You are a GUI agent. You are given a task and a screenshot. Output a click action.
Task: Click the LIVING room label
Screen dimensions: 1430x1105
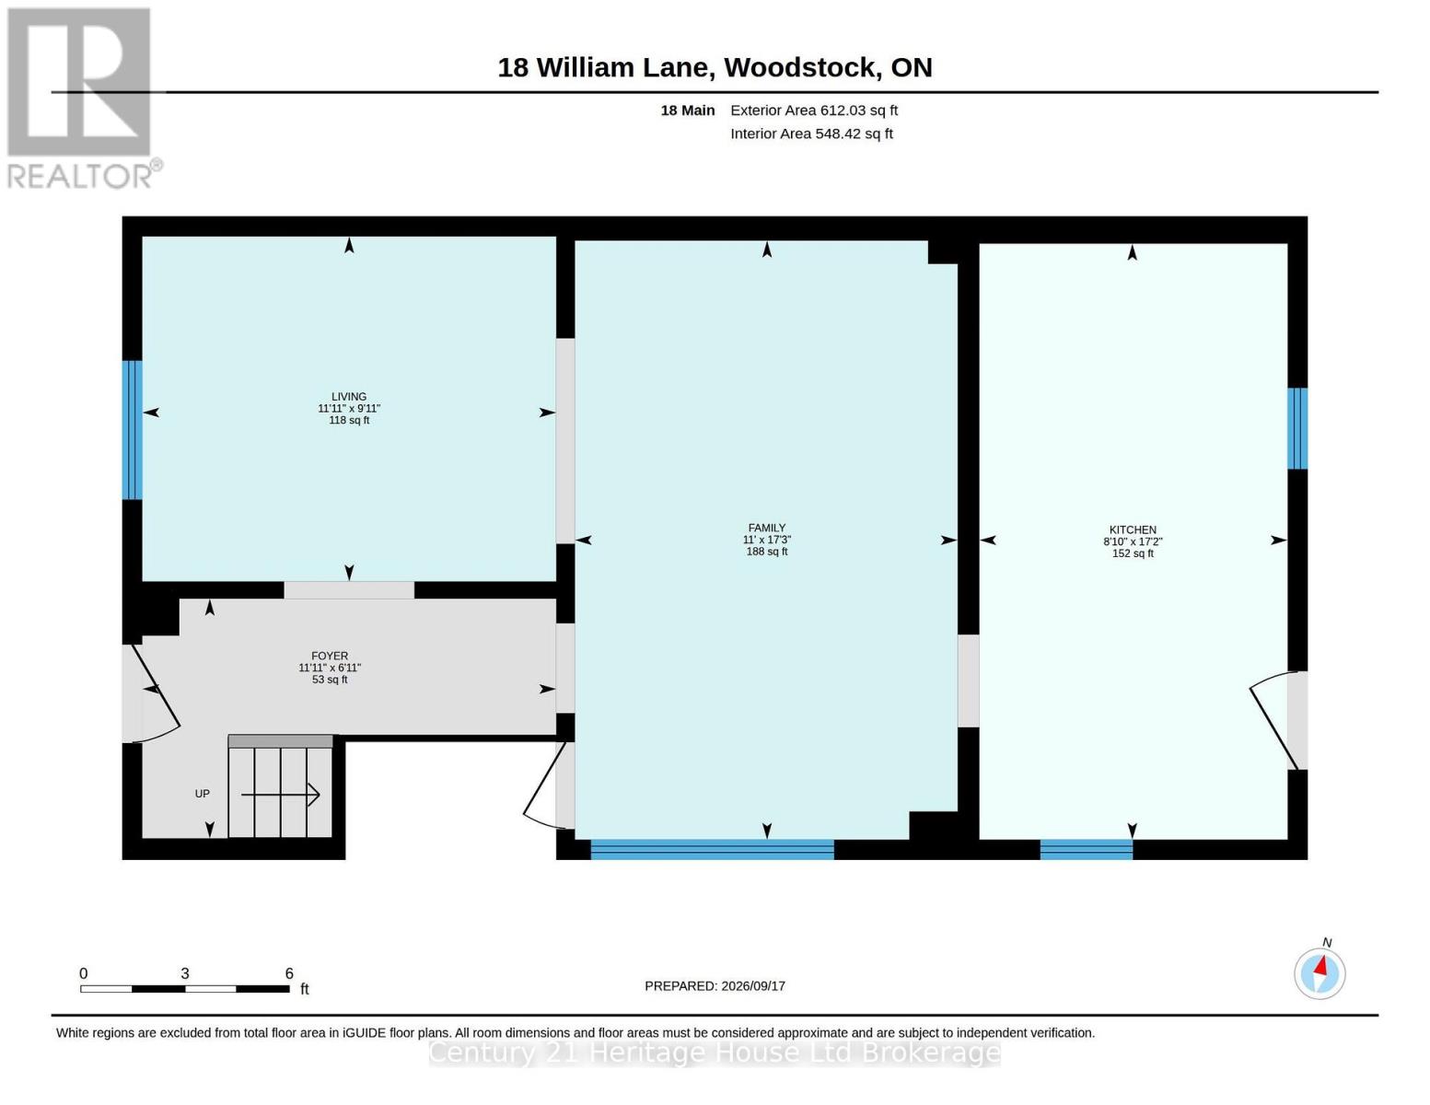[x=349, y=396]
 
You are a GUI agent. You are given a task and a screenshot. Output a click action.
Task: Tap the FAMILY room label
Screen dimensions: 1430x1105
[x=767, y=528]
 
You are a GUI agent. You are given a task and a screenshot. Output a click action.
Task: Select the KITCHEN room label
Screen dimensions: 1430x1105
[x=1133, y=529]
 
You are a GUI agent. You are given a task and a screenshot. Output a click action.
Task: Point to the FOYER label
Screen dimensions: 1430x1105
[x=330, y=656]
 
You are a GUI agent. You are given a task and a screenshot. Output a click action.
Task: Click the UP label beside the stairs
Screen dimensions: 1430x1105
[x=202, y=794]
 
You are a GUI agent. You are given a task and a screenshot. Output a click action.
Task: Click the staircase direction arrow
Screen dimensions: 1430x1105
[x=280, y=795]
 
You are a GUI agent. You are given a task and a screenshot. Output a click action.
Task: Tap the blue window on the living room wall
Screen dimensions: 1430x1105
[x=133, y=430]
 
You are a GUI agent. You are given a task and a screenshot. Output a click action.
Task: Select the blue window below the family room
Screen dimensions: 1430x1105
[x=712, y=850]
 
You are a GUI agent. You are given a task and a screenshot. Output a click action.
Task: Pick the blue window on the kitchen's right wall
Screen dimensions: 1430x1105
[x=1297, y=428]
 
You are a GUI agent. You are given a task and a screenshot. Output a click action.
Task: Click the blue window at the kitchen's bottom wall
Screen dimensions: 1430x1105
[x=1086, y=850]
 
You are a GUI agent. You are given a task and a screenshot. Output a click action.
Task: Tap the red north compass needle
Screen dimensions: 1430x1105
[x=1321, y=965]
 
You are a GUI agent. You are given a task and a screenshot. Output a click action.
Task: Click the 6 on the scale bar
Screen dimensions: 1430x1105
[x=289, y=973]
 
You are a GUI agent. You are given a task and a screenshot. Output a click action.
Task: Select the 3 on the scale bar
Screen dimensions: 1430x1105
[x=185, y=973]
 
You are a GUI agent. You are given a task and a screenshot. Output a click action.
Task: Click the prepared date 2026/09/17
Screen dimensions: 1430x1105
[x=753, y=986]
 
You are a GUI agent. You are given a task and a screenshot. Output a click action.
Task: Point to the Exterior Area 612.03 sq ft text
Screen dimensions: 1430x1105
[x=814, y=110]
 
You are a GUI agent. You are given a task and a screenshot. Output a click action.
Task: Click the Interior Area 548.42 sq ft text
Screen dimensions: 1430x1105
[x=811, y=134]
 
